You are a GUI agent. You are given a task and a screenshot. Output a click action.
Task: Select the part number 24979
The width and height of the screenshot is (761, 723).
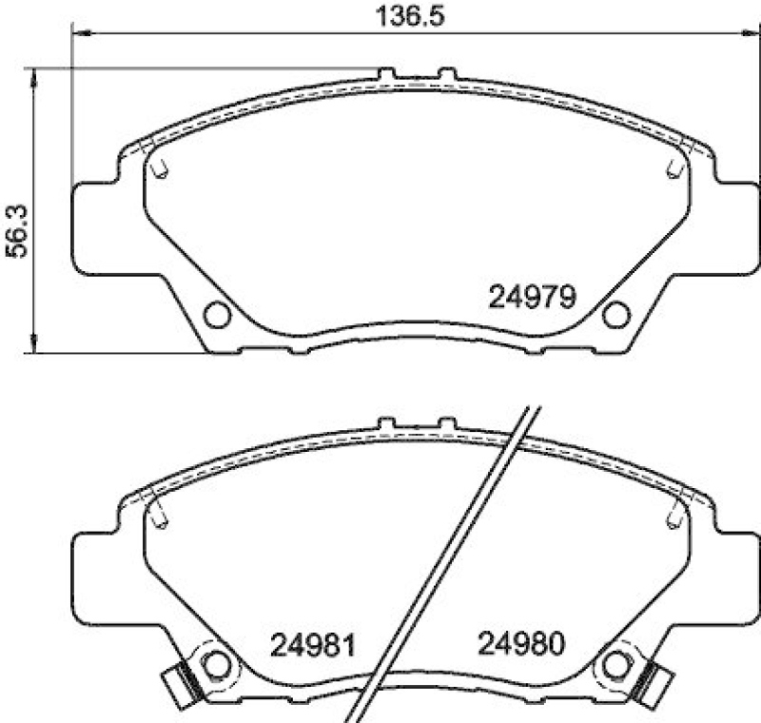532,298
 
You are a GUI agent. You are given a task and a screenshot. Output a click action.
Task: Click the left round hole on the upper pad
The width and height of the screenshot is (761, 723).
217,314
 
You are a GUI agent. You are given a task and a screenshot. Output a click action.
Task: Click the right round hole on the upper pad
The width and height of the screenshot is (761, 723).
616,314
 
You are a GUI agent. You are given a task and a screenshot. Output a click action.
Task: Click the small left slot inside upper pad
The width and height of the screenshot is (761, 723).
160,166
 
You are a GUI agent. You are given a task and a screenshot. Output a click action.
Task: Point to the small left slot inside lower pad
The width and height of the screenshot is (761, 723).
160,515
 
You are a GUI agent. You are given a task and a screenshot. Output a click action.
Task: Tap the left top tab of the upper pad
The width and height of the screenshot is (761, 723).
386,73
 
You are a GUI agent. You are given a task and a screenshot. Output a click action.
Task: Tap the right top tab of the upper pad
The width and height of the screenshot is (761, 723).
446,73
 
